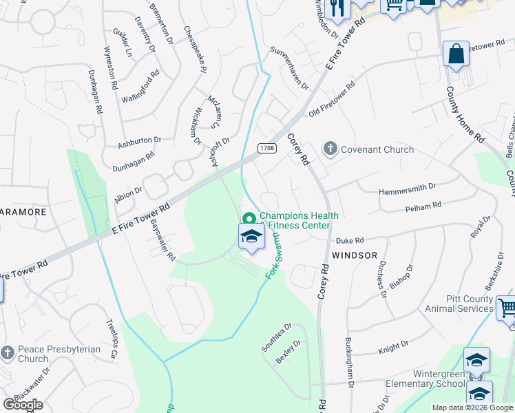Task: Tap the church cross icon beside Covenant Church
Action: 330,149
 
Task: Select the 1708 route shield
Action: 267,148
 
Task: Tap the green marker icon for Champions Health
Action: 249,220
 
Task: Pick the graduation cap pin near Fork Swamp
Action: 251,237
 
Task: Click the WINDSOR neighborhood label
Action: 355,255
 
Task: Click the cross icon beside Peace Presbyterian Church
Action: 8,353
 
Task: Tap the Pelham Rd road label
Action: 423,206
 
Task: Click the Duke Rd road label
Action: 349,241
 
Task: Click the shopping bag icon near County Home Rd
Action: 456,54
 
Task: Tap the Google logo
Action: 23,405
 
